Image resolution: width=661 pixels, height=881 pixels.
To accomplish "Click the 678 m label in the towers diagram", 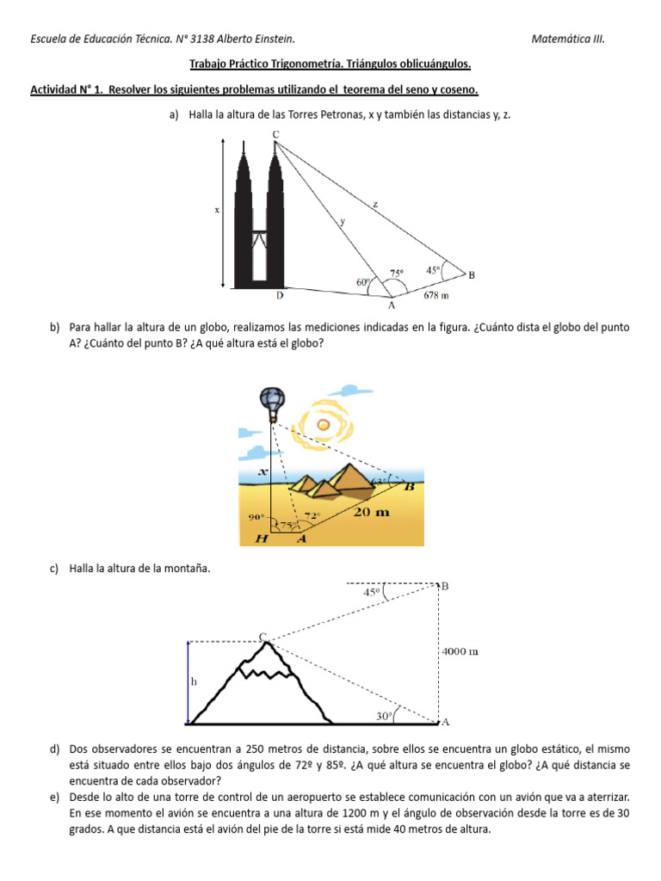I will coord(436,295).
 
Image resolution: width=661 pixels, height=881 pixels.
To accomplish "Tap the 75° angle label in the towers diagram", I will coord(397,274).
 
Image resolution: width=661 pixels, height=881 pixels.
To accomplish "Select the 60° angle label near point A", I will coord(363,281).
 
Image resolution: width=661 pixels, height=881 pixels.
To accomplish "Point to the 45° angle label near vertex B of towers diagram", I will coord(434,268).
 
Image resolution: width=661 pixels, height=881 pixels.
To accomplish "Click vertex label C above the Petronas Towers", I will coord(275,133).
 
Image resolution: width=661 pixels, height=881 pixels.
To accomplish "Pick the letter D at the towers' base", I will coord(280,296).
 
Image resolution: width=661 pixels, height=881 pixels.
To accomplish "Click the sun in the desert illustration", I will coord(324,423).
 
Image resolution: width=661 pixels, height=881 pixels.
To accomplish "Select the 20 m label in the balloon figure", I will coord(371,512).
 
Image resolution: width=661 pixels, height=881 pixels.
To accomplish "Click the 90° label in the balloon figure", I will coord(256,518).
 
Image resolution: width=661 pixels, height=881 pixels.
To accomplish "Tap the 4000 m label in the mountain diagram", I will coord(460,651).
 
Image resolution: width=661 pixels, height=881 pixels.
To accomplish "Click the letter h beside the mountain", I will coord(194,681).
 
